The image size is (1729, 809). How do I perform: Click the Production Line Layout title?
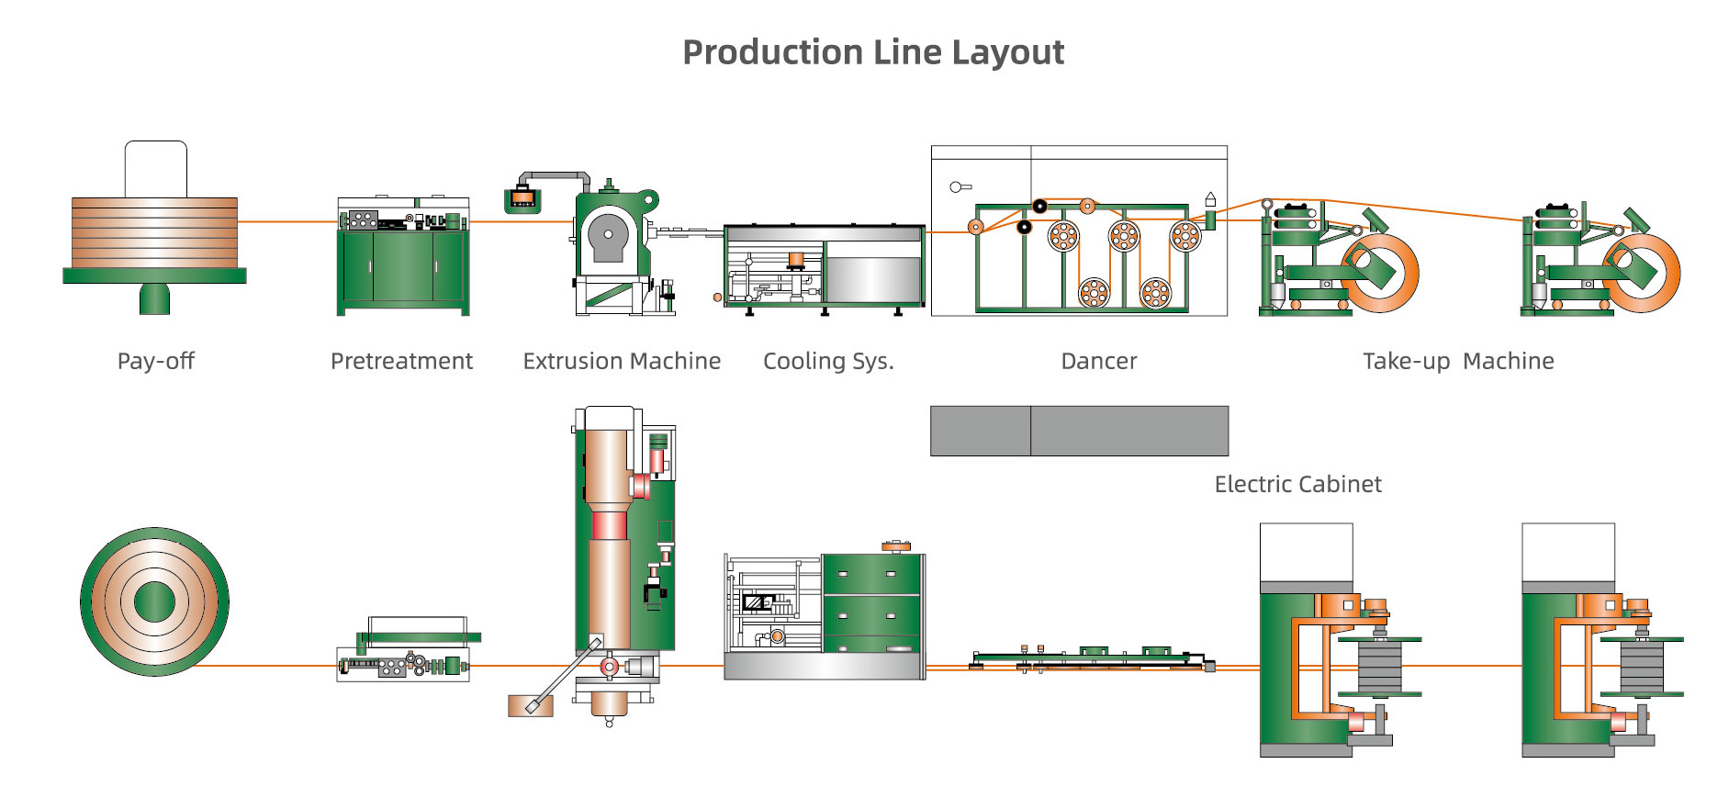click(873, 52)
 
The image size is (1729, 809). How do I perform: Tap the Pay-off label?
click(156, 361)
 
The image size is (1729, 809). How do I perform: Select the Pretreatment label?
click(401, 361)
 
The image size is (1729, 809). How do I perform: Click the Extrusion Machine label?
click(622, 361)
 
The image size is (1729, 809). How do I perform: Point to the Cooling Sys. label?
click(828, 361)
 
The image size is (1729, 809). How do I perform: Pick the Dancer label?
click(1098, 361)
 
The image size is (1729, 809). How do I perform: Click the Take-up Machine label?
click(1458, 361)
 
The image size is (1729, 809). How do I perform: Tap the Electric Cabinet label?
click(1297, 484)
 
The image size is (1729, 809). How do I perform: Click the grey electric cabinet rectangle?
click(1079, 431)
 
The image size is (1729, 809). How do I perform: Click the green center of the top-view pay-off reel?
click(154, 602)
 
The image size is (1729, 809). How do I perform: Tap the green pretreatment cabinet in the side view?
click(403, 266)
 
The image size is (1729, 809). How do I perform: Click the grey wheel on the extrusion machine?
click(608, 235)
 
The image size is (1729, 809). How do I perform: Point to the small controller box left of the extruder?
click(522, 197)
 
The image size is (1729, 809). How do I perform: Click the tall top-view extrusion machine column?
click(608, 551)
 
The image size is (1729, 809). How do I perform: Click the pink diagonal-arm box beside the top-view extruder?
click(531, 705)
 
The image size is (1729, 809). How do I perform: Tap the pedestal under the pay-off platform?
click(154, 298)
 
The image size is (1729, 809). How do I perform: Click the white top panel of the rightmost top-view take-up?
click(1567, 552)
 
